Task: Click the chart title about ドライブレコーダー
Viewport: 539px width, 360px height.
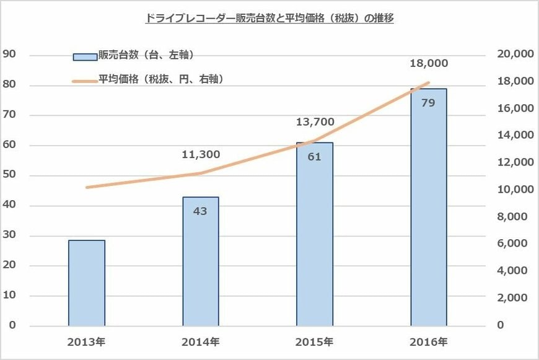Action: (x=269, y=19)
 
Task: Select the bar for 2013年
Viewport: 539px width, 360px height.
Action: (x=87, y=283)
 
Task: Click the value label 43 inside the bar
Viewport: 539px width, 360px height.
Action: (x=200, y=211)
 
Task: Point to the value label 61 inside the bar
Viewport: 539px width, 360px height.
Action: (x=315, y=157)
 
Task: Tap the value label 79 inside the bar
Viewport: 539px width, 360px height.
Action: (x=428, y=102)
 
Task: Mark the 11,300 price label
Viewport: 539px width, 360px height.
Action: (x=200, y=154)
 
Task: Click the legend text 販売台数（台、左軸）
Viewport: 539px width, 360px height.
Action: (x=147, y=55)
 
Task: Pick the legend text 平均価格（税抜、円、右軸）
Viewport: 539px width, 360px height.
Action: (x=161, y=79)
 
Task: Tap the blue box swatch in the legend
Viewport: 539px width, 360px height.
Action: (x=85, y=56)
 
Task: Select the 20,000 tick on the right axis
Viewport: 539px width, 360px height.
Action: (x=515, y=55)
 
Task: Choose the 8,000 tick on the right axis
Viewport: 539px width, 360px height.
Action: (x=512, y=217)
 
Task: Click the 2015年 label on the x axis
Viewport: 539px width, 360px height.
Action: (x=315, y=341)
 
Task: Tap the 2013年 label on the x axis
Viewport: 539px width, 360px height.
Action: (x=87, y=341)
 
